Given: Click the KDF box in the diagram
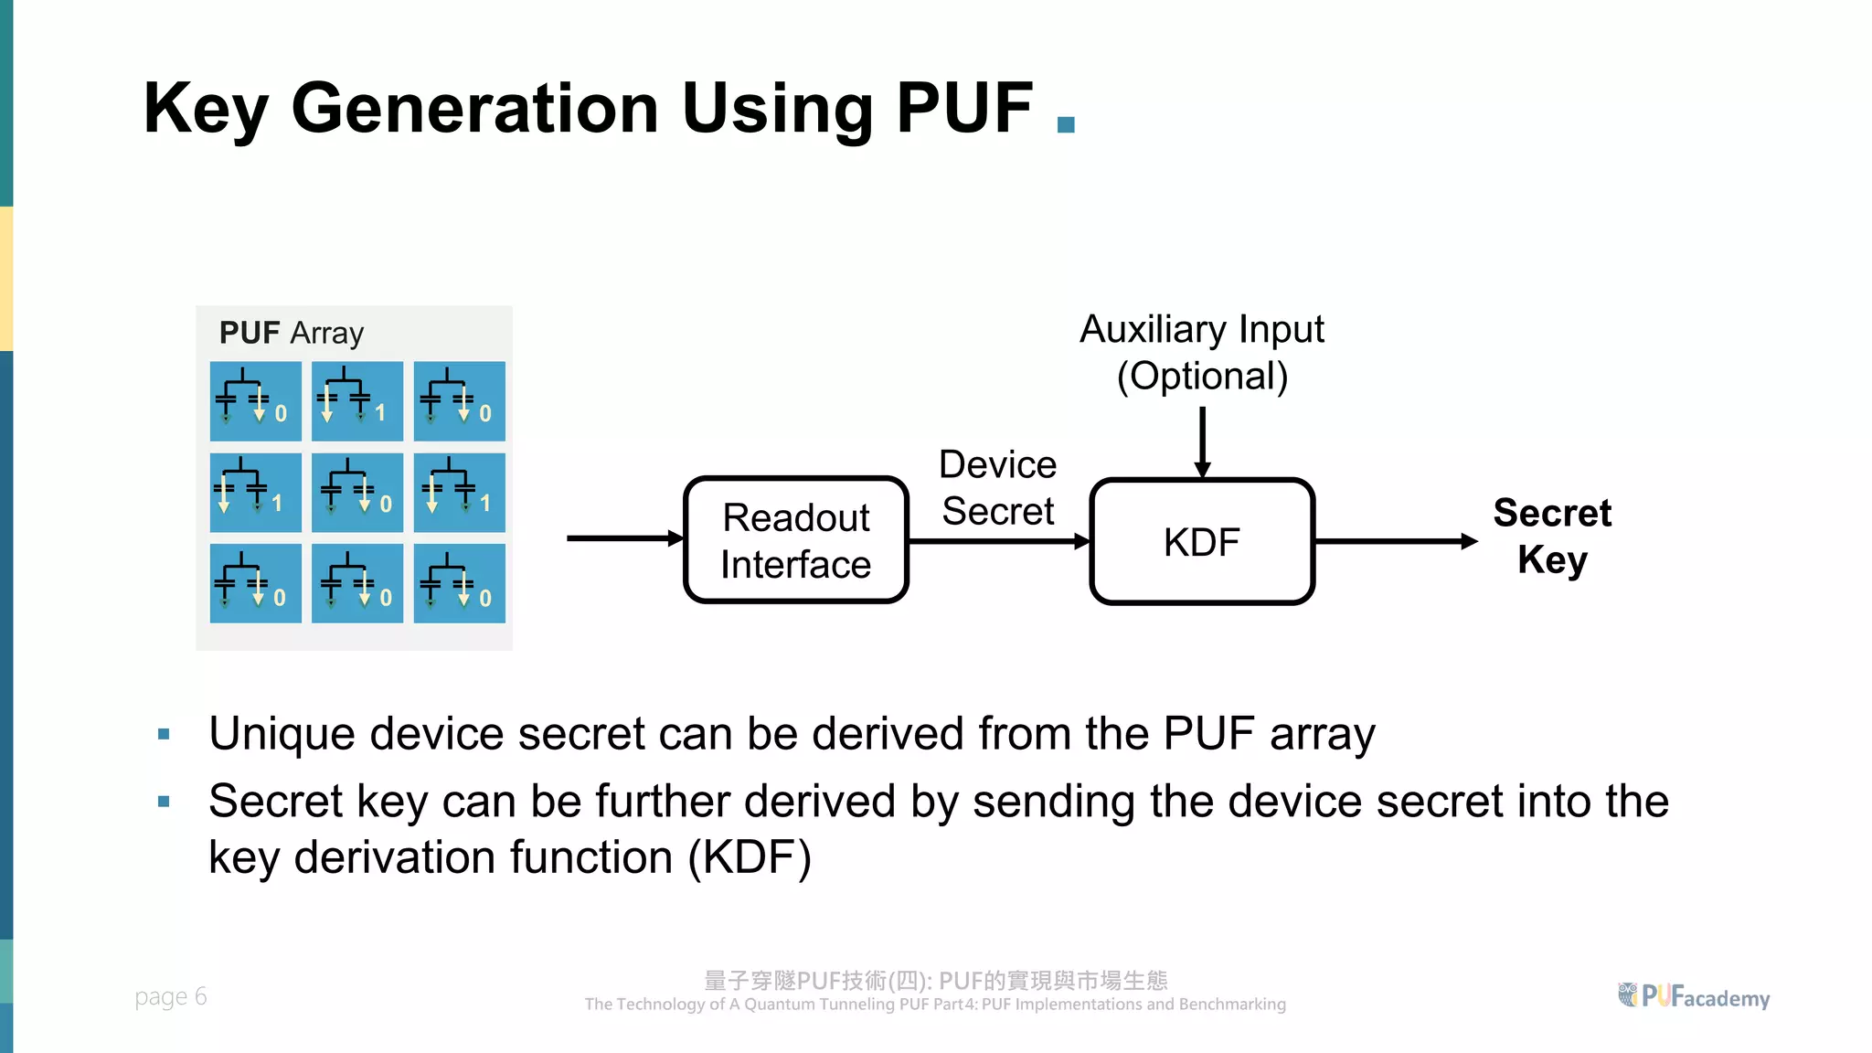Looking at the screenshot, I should pos(1202,541).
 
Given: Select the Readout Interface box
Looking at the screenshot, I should pos(796,540).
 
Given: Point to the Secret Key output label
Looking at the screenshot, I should pos(1552,537).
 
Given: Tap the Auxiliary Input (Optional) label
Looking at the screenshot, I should pos(1202,353).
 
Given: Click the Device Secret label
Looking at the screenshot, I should pos(998,487).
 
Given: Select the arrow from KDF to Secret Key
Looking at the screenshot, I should pos(1395,541).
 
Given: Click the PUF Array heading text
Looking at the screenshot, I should pos(292,333).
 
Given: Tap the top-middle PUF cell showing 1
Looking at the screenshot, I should pos(357,401).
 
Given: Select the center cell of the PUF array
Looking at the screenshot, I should pos(357,493).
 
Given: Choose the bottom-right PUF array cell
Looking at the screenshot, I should pos(459,583).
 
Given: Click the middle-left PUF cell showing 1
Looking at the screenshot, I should pos(255,493).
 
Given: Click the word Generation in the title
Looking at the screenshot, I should pos(474,109).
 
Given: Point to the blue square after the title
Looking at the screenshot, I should pos(1066,124).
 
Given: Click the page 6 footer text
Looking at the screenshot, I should pos(171,996).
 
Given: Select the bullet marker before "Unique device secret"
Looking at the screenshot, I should pos(164,734).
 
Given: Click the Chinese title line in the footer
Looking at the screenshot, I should pos(935,981).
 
